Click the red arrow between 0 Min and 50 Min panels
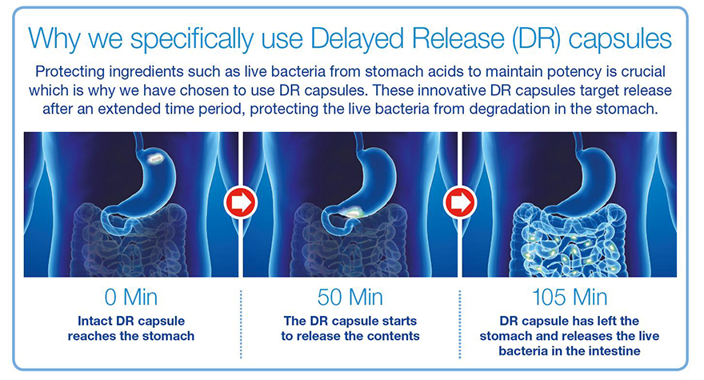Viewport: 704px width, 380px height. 241,202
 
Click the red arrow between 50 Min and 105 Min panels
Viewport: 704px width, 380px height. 460,202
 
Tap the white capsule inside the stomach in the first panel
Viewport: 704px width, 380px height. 157,158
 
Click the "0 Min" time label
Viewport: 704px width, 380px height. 130,298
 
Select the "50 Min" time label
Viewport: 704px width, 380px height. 350,298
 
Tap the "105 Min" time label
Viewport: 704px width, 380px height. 570,298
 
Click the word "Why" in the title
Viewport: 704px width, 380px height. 54,38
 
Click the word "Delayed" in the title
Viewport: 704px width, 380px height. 358,39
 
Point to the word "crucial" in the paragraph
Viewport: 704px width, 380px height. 643,71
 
